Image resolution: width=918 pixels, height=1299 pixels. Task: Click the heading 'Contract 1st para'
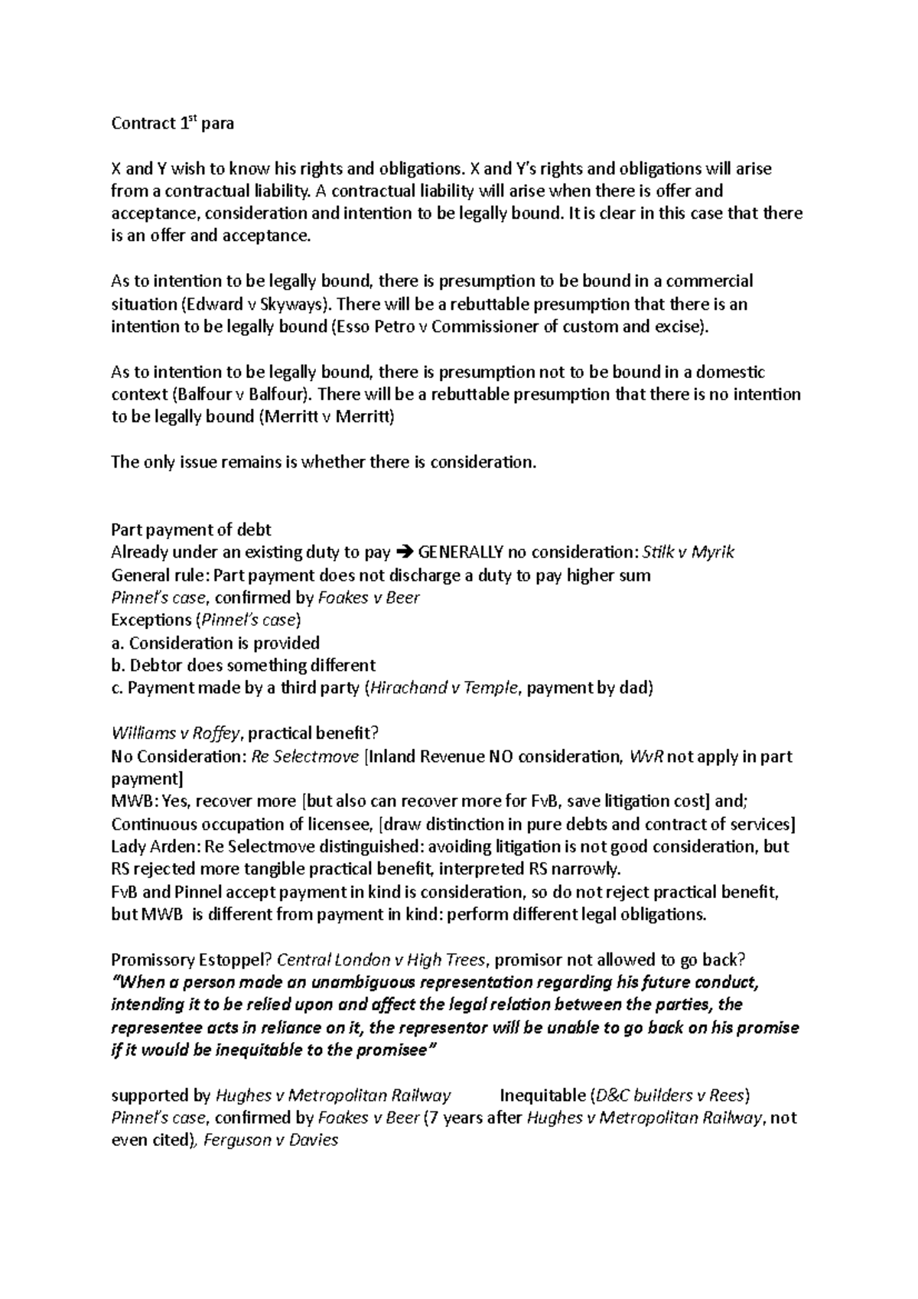(172, 123)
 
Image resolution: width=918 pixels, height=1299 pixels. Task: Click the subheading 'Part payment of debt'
(191, 529)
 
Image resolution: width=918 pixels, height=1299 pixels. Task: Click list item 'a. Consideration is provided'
(215, 643)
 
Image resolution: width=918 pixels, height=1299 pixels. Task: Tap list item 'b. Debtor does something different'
(243, 665)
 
